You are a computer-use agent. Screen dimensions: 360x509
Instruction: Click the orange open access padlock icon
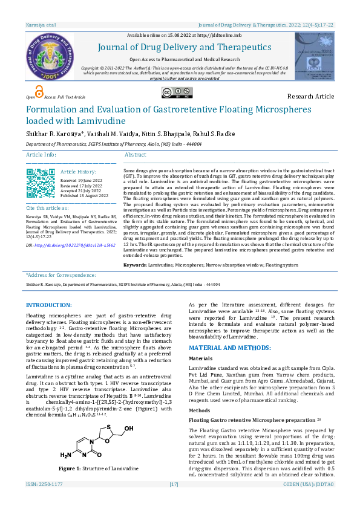(x=39, y=92)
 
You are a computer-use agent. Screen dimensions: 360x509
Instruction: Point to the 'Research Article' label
(x=310, y=96)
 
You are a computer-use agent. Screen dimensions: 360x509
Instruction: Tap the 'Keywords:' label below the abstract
(x=135, y=265)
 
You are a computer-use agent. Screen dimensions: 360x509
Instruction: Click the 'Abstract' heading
(x=135, y=155)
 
